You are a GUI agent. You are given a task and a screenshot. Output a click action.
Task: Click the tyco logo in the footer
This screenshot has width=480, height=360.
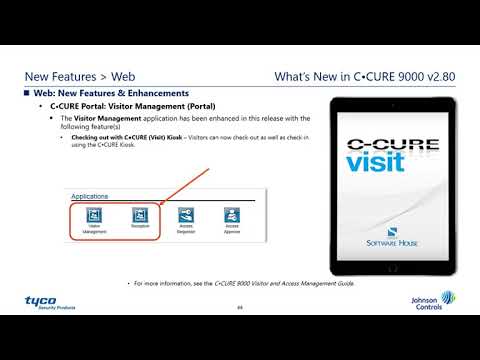43,300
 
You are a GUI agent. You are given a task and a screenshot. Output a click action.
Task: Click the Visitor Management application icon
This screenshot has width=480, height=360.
94,216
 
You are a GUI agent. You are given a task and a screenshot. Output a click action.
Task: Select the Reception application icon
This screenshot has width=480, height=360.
139,216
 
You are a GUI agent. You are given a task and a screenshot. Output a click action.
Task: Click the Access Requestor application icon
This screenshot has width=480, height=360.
185,216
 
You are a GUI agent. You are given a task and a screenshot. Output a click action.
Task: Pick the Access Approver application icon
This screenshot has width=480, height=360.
231,216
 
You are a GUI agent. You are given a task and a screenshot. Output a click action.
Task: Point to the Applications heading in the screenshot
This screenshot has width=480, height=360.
90,197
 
